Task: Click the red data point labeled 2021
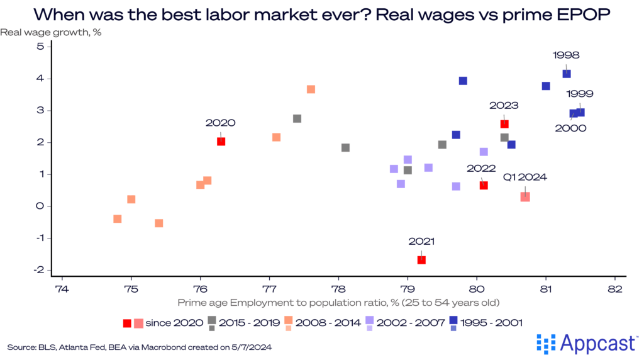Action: pyautogui.click(x=421, y=260)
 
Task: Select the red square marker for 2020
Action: pyautogui.click(x=221, y=142)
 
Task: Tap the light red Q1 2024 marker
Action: pyautogui.click(x=525, y=197)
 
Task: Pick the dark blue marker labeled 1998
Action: pyautogui.click(x=567, y=74)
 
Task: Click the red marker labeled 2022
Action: pyautogui.click(x=484, y=185)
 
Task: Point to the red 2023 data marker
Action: pyautogui.click(x=504, y=124)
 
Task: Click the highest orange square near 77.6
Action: pyautogui.click(x=311, y=89)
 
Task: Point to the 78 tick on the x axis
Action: pyautogui.click(x=338, y=290)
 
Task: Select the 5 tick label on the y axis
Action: pyautogui.click(x=40, y=47)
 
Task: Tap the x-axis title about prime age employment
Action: pyautogui.click(x=338, y=303)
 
